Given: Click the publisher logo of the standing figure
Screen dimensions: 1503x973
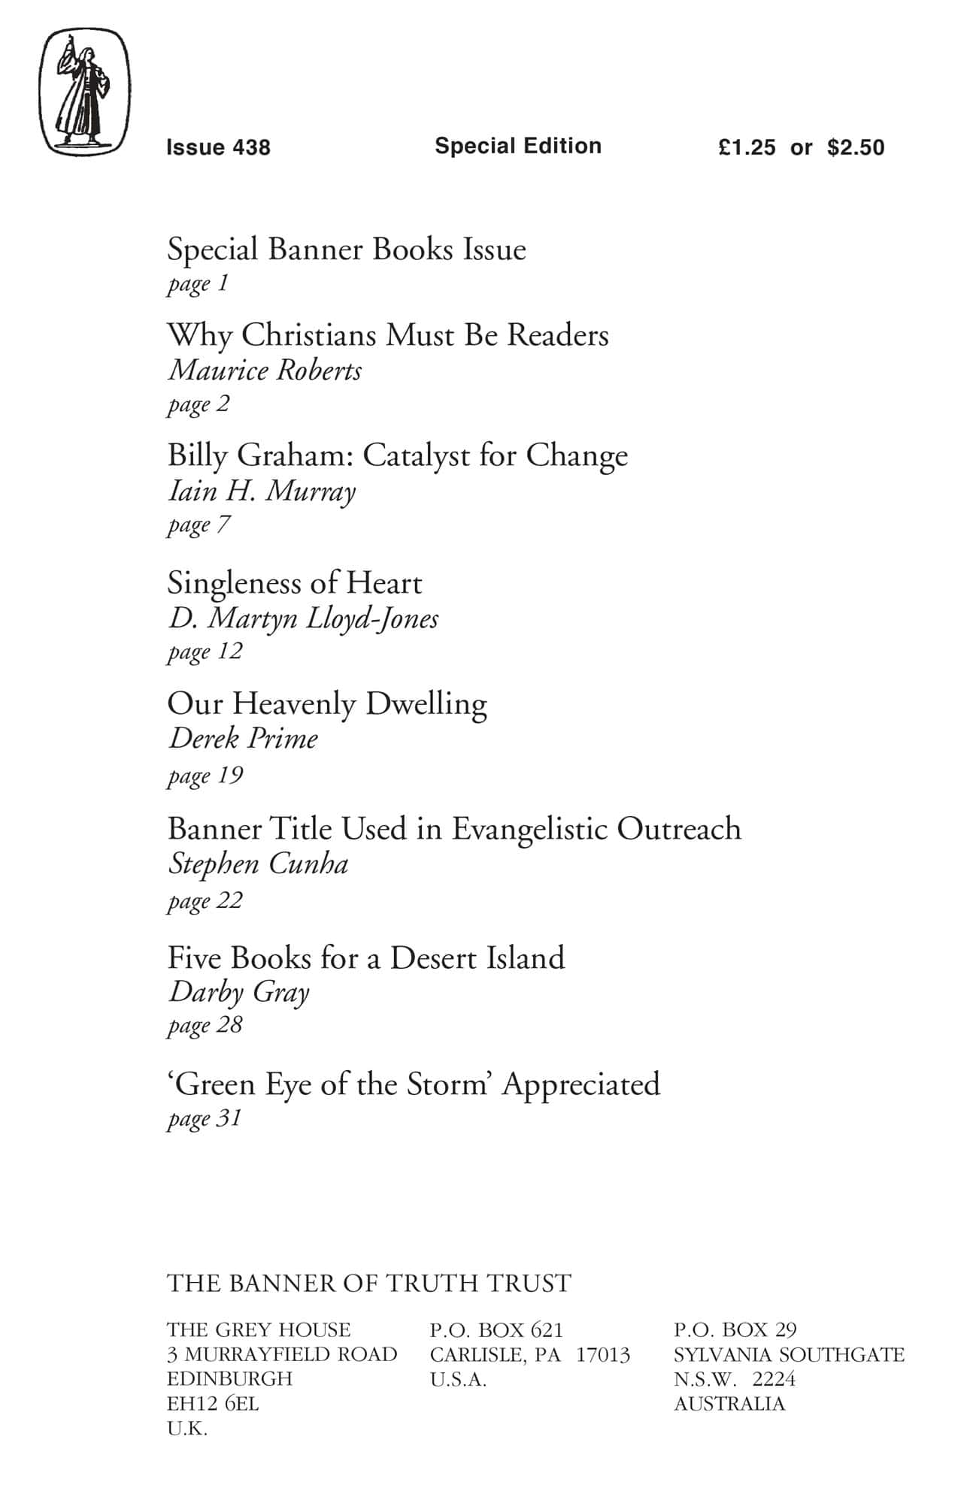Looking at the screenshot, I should [x=84, y=92].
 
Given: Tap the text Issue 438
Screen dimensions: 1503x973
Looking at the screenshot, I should [x=218, y=147].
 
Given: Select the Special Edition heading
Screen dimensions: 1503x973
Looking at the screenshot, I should [x=518, y=146].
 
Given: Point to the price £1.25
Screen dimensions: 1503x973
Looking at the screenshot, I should [x=746, y=147].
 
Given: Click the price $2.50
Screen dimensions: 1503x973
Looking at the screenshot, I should [x=856, y=147].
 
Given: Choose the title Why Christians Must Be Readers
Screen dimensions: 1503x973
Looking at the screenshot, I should [x=387, y=335].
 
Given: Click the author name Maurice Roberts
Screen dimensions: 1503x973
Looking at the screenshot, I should [x=265, y=370].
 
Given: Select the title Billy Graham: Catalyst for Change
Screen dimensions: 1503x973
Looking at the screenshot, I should [x=397, y=455].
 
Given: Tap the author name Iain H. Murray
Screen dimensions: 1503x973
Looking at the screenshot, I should [x=261, y=491].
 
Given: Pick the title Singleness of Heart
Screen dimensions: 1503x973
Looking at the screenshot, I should [x=294, y=583].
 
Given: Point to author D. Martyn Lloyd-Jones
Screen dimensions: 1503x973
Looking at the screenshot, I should [x=303, y=618].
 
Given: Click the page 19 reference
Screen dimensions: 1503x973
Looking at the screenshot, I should [x=205, y=775].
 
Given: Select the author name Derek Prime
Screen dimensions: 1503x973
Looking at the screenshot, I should [x=243, y=739].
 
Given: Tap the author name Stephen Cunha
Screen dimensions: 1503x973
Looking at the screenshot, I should [x=258, y=864].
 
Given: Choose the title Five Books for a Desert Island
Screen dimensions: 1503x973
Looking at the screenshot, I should [x=365, y=958].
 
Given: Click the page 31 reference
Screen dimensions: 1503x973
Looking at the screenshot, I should [x=204, y=1118].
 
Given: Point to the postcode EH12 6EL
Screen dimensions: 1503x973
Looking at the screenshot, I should [x=213, y=1404].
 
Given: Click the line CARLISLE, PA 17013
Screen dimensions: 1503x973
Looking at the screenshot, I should [x=529, y=1355].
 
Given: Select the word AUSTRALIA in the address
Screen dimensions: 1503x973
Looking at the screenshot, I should [x=729, y=1404].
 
